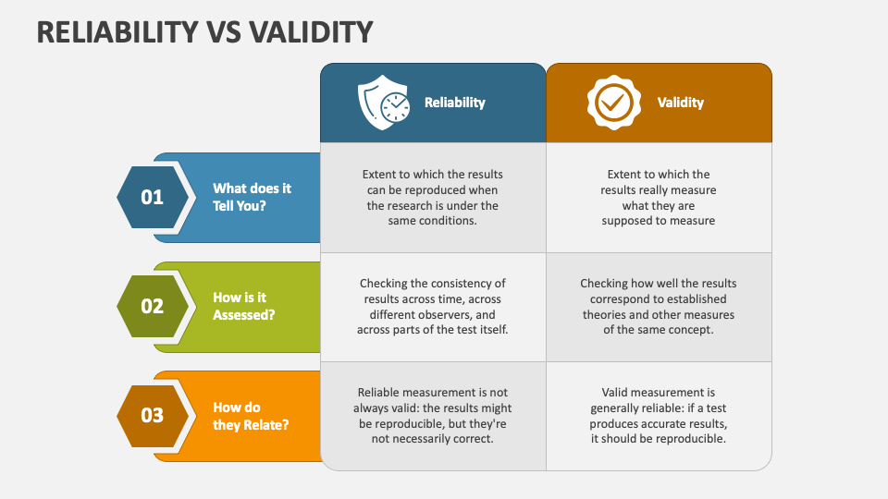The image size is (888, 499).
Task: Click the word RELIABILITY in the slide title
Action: [117, 31]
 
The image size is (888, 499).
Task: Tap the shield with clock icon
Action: [384, 103]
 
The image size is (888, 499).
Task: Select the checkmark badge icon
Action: [614, 103]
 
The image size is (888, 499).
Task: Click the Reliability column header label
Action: [455, 103]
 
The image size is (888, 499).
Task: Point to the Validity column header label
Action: [680, 103]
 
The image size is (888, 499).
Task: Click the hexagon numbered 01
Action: [153, 197]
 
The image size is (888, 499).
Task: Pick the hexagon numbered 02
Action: [153, 306]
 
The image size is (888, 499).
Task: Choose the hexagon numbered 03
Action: [153, 416]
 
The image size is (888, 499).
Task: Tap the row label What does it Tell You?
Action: [252, 197]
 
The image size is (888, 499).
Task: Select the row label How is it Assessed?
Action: [243, 306]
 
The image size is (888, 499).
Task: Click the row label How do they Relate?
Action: [251, 416]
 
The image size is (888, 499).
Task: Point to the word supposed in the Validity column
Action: [627, 221]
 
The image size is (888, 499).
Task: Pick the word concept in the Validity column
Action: [691, 330]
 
